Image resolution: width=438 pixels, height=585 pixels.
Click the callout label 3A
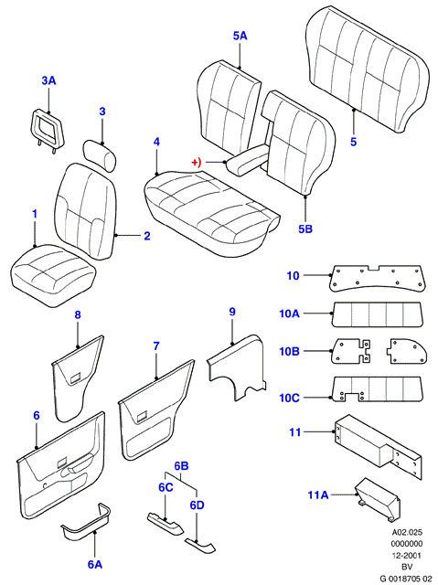click(x=48, y=80)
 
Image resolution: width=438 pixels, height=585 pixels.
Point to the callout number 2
click(x=147, y=236)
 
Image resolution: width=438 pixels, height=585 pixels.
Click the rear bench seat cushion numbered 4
click(x=210, y=213)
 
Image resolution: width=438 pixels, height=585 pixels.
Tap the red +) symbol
click(x=197, y=163)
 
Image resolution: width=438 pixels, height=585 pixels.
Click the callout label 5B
click(x=305, y=229)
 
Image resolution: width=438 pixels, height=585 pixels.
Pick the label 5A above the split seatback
click(x=240, y=36)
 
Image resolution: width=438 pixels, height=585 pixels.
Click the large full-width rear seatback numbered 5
click(x=368, y=69)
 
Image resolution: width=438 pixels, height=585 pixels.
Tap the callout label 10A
click(x=290, y=314)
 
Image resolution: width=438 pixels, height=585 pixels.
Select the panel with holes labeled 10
click(x=377, y=278)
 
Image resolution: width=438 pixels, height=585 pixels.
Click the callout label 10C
click(x=290, y=399)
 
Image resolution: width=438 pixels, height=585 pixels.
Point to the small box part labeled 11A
click(x=378, y=499)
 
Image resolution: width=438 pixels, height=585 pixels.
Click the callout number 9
click(x=232, y=312)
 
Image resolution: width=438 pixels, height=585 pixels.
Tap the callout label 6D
click(x=197, y=505)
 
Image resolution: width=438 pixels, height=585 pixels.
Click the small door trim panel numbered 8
click(x=78, y=378)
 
